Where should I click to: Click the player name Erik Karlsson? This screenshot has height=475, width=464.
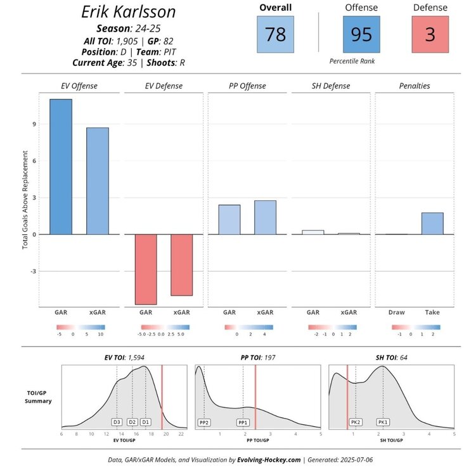(x=129, y=12)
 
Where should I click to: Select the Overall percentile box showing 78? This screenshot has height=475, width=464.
(x=276, y=34)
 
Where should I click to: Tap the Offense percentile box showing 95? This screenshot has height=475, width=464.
(x=361, y=34)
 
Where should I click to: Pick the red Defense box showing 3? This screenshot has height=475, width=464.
(x=430, y=34)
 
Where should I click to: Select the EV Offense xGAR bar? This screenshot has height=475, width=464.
(x=98, y=181)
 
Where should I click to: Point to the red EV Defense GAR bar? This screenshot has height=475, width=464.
(x=145, y=269)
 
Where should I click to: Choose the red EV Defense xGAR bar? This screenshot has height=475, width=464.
(x=181, y=265)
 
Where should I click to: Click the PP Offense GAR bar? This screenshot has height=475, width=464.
(x=229, y=220)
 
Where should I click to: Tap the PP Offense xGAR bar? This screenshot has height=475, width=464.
(x=265, y=217)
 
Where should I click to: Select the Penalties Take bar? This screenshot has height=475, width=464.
(x=432, y=224)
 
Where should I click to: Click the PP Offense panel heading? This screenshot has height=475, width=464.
(x=247, y=85)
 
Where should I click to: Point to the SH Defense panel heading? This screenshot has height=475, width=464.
(x=332, y=85)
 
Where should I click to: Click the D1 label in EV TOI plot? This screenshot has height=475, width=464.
(x=146, y=422)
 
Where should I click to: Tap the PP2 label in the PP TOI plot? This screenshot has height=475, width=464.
(x=204, y=422)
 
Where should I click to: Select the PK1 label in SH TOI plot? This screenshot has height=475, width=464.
(x=383, y=422)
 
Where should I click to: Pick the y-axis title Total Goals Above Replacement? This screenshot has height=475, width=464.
(x=25, y=199)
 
